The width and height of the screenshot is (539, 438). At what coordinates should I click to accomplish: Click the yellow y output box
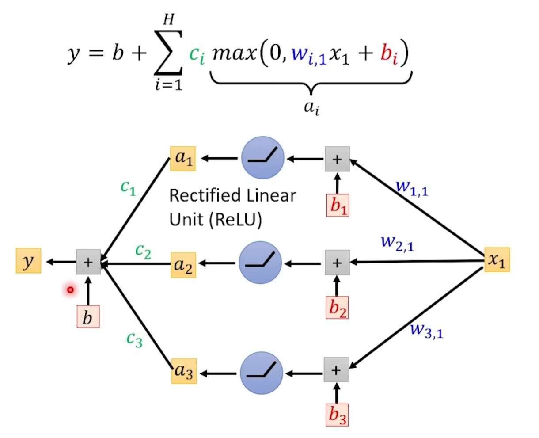[28, 261]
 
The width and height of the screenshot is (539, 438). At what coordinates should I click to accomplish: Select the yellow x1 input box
[497, 259]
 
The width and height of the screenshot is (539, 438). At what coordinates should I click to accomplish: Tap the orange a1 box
[183, 158]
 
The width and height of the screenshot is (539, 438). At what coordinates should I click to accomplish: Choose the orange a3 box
[184, 371]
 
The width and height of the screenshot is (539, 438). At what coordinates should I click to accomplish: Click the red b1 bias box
[338, 205]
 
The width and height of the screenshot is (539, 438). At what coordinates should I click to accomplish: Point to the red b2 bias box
[338, 308]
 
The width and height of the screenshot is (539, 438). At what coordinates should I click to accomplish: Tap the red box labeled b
[88, 316]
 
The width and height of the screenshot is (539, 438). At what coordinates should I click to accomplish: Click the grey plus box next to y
[88, 262]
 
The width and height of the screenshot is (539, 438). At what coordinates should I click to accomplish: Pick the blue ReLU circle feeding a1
[262, 158]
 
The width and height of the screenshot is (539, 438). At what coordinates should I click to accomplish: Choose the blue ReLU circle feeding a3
[262, 373]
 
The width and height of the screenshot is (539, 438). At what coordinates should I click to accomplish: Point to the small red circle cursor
[70, 290]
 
